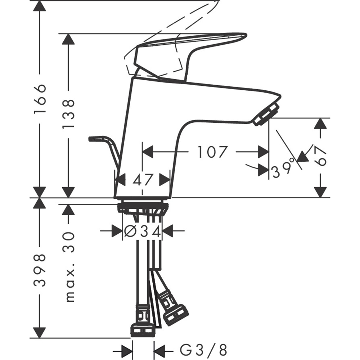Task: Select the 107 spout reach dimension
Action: tap(212, 152)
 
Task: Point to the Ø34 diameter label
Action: tap(142, 231)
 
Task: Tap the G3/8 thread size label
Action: tap(203, 349)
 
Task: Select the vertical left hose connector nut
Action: tap(143, 329)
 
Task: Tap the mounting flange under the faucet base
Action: tap(143, 207)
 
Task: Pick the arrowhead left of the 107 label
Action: tap(148, 152)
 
